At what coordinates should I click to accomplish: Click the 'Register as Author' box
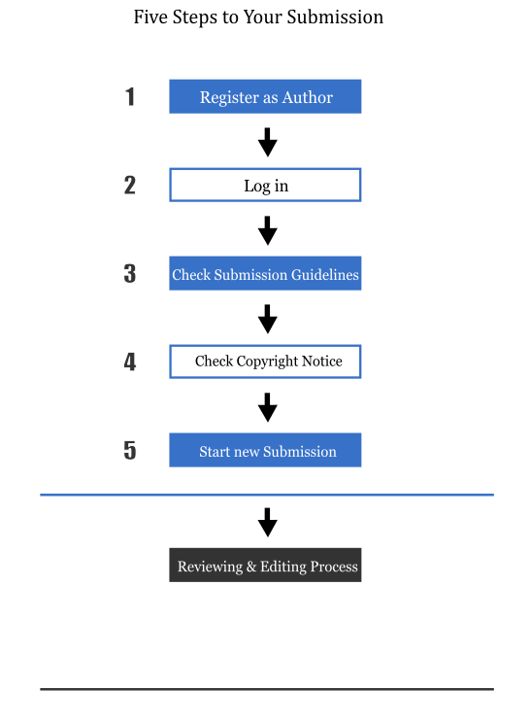pyautogui.click(x=265, y=96)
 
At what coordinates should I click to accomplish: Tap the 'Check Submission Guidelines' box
pyautogui.click(x=265, y=273)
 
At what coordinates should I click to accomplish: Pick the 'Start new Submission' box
pyautogui.click(x=265, y=450)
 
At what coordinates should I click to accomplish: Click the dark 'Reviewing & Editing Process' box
pyautogui.click(x=265, y=565)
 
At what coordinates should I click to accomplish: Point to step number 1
pyautogui.click(x=130, y=97)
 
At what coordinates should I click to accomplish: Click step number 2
pyautogui.click(x=130, y=186)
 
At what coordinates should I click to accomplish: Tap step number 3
pyautogui.click(x=130, y=273)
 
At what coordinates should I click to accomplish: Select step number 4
pyautogui.click(x=130, y=361)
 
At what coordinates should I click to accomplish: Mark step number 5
pyautogui.click(x=130, y=451)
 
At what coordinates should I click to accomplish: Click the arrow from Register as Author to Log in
pyautogui.click(x=268, y=142)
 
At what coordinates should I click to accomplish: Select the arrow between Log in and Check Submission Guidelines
pyautogui.click(x=268, y=230)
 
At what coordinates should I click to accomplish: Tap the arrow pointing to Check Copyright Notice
pyautogui.click(x=268, y=319)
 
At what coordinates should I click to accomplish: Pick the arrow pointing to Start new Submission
pyautogui.click(x=268, y=407)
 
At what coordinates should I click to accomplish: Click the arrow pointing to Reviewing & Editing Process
pyautogui.click(x=268, y=523)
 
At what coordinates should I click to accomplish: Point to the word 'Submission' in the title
pyautogui.click(x=335, y=17)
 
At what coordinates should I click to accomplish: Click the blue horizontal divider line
pyautogui.click(x=267, y=495)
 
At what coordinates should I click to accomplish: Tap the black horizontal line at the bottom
pyautogui.click(x=267, y=689)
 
